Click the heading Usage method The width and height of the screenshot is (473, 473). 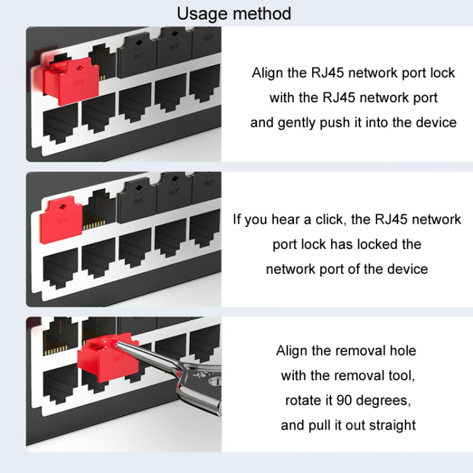pos(234,13)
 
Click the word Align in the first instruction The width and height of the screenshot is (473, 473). pos(268,73)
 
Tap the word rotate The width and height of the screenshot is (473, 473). pos(306,400)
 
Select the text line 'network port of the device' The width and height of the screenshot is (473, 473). pos(346,269)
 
